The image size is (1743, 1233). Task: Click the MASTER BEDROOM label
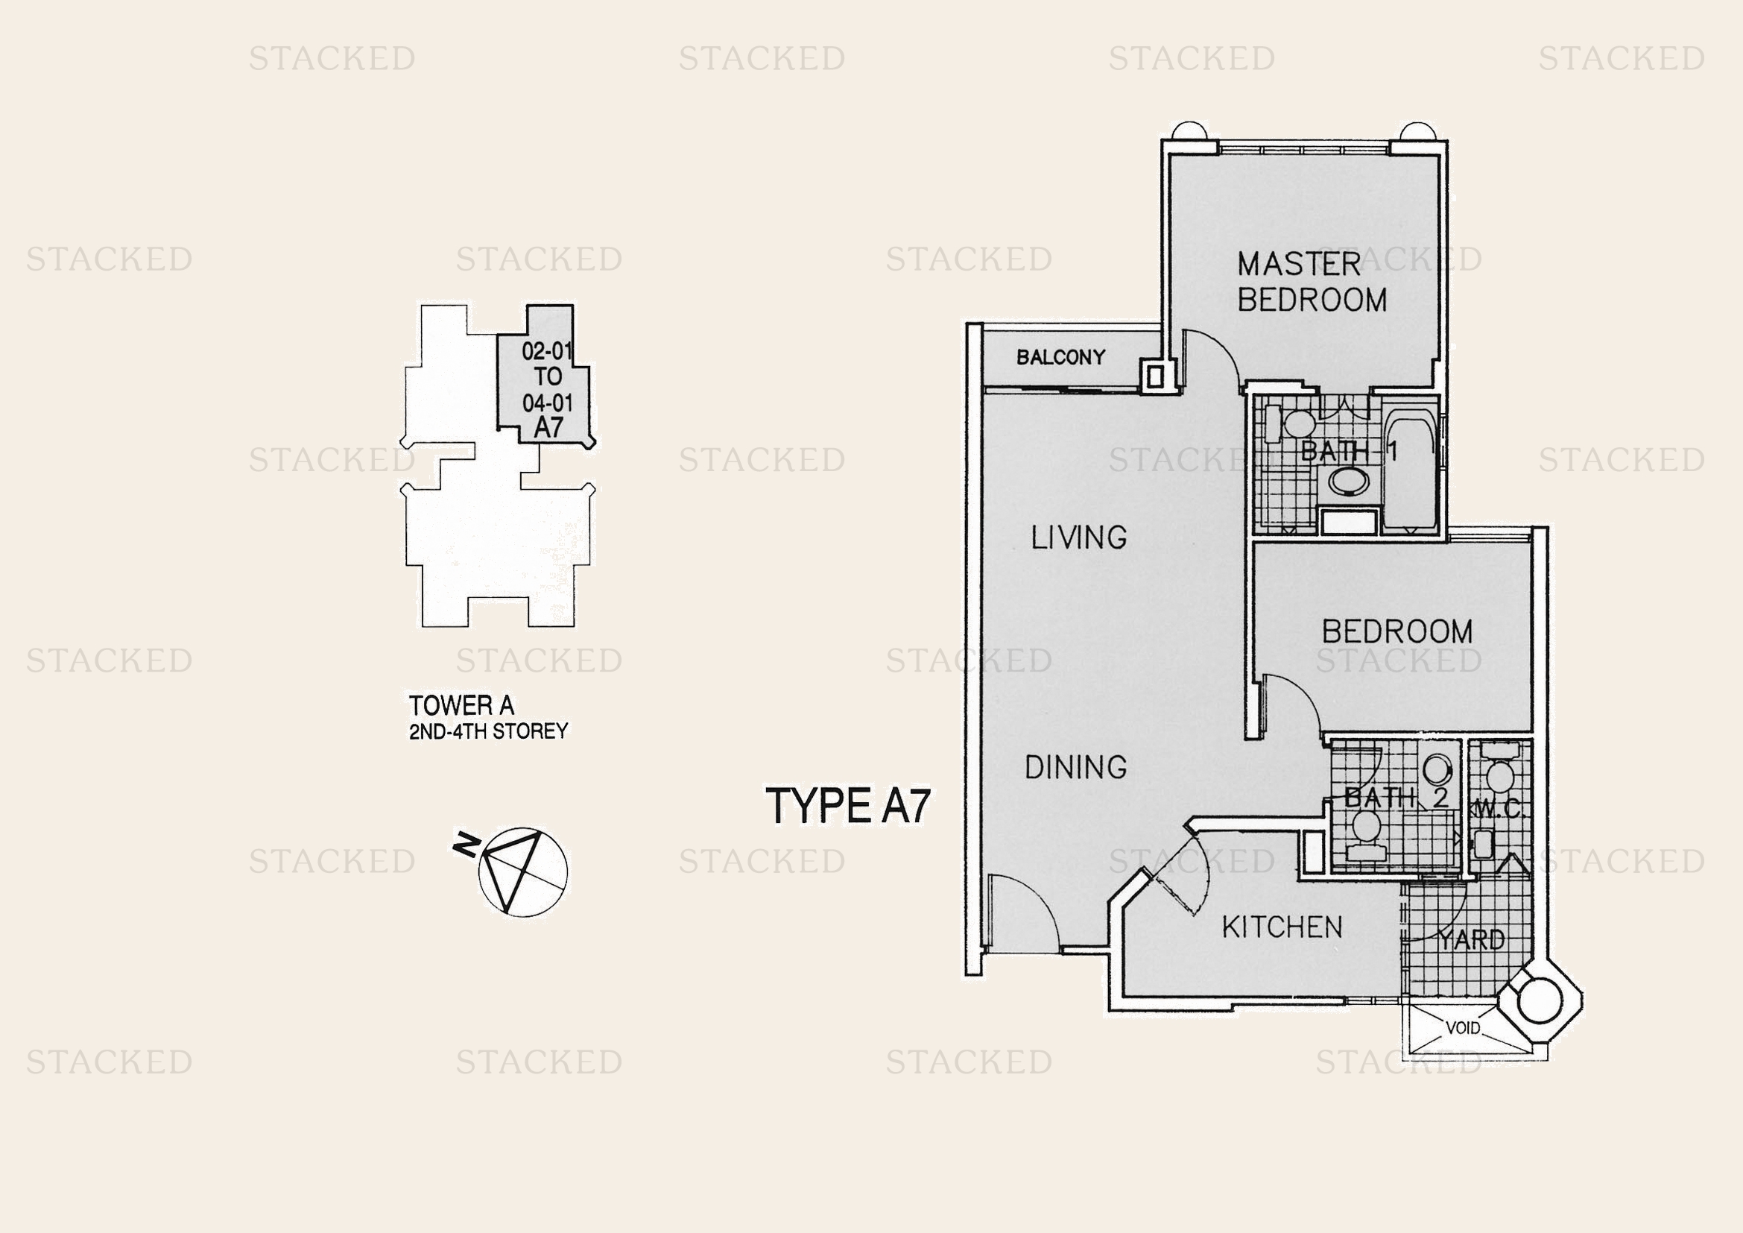(x=1312, y=282)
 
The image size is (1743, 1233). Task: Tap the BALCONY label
(x=1060, y=357)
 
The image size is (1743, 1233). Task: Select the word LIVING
(x=1078, y=537)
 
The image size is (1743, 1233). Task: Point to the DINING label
(x=1076, y=767)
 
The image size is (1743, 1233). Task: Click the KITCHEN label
(x=1282, y=927)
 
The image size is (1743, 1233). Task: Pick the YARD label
(x=1471, y=940)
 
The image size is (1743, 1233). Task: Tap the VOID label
(x=1463, y=1028)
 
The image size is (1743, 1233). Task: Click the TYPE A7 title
(x=848, y=806)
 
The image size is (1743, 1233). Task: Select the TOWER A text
(x=461, y=705)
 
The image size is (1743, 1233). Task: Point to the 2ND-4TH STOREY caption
(x=488, y=731)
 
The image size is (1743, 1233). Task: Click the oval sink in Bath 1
(x=1349, y=482)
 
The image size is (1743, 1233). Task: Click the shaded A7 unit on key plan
(x=545, y=375)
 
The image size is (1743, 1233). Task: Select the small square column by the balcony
(x=1154, y=376)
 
